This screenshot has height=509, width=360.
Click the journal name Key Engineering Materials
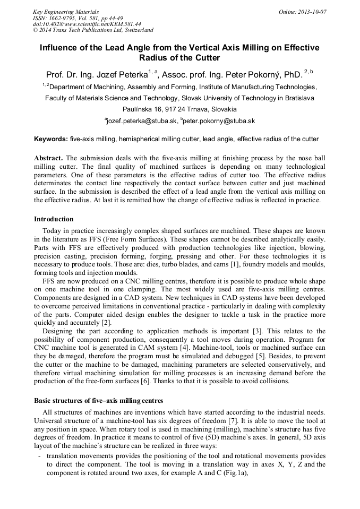66,12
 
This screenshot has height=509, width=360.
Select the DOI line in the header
87,24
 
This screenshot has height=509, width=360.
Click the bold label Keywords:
51,140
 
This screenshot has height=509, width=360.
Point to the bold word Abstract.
48,158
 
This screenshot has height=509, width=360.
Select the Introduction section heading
54,219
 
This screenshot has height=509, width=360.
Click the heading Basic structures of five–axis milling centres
98,400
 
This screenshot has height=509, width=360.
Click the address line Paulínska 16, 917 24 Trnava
179,109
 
